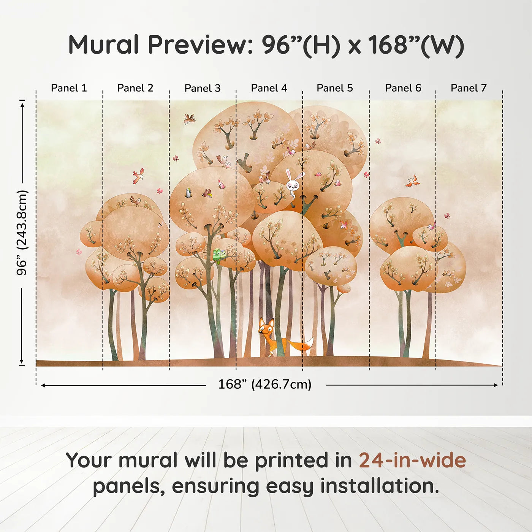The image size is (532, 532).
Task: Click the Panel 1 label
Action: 69,88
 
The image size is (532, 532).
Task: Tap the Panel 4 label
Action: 269,88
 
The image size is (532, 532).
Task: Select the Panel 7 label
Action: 468,88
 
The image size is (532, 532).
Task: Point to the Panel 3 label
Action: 202,88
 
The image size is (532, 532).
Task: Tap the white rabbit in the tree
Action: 294,183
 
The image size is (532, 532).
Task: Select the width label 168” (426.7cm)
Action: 264,385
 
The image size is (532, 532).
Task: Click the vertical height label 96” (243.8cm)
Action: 22,233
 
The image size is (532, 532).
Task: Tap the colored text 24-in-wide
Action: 412,461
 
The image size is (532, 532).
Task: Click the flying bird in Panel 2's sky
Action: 138,176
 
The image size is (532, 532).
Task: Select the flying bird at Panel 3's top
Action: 189,119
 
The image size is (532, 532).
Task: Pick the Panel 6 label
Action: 403,88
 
